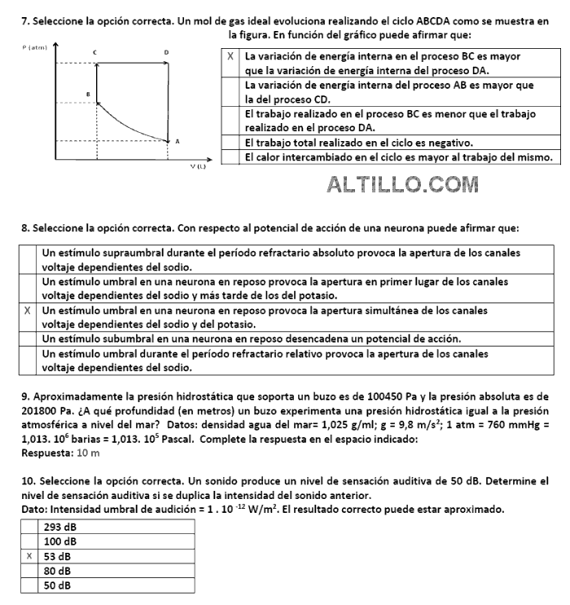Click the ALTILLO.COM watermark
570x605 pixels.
pyautogui.click(x=402, y=185)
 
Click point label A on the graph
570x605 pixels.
pyautogui.click(x=177, y=141)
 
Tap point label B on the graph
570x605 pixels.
pyautogui.click(x=87, y=95)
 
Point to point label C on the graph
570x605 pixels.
pyautogui.click(x=94, y=52)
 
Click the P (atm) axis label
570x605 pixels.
pyautogui.click(x=33, y=48)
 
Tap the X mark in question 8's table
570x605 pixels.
pyautogui.click(x=28, y=311)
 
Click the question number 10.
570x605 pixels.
pyautogui.click(x=28, y=482)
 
